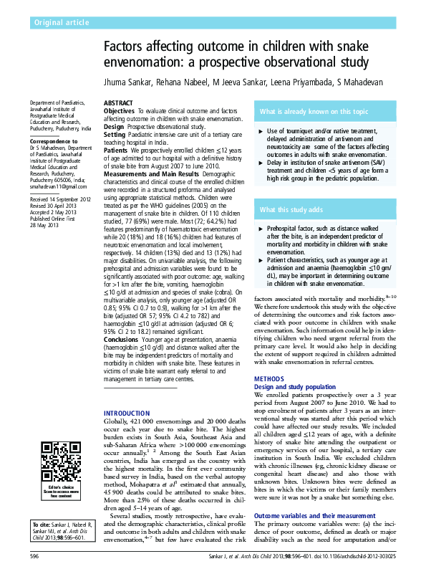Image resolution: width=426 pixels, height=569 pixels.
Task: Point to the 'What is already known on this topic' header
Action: pyautogui.click(x=314, y=112)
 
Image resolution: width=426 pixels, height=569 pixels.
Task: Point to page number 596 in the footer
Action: pyautogui.click(x=34, y=555)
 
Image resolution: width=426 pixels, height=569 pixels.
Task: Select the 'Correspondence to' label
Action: pyautogui.click(x=54, y=142)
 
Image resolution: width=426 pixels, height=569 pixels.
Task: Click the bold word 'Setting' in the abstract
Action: pyautogui.click(x=115, y=134)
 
